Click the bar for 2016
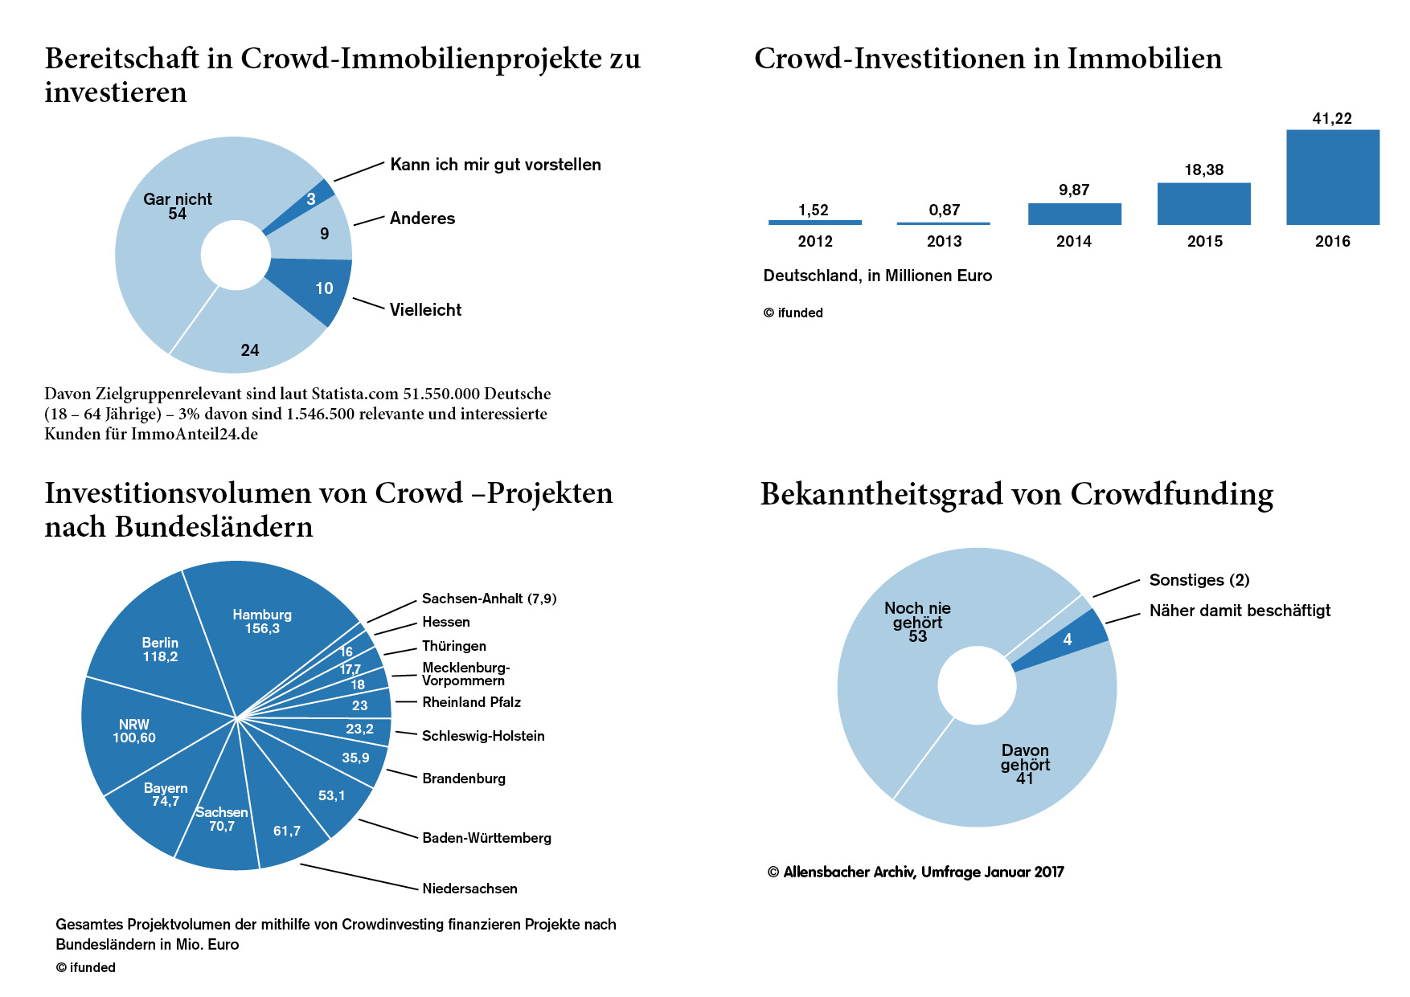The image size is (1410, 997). click(x=1332, y=177)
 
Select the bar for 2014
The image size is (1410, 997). click(x=1074, y=214)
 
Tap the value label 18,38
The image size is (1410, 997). click(x=1203, y=170)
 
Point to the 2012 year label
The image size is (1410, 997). click(x=815, y=241)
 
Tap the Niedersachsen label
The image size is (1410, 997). click(x=469, y=889)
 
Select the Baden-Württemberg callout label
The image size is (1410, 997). click(x=486, y=838)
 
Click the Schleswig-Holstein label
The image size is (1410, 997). click(x=483, y=736)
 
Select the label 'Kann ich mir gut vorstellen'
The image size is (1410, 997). click(x=495, y=165)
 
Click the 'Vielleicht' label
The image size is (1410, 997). click(x=425, y=310)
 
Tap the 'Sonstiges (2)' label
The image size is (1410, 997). click(x=1199, y=580)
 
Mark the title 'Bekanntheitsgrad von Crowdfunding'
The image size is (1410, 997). click(x=1017, y=494)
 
